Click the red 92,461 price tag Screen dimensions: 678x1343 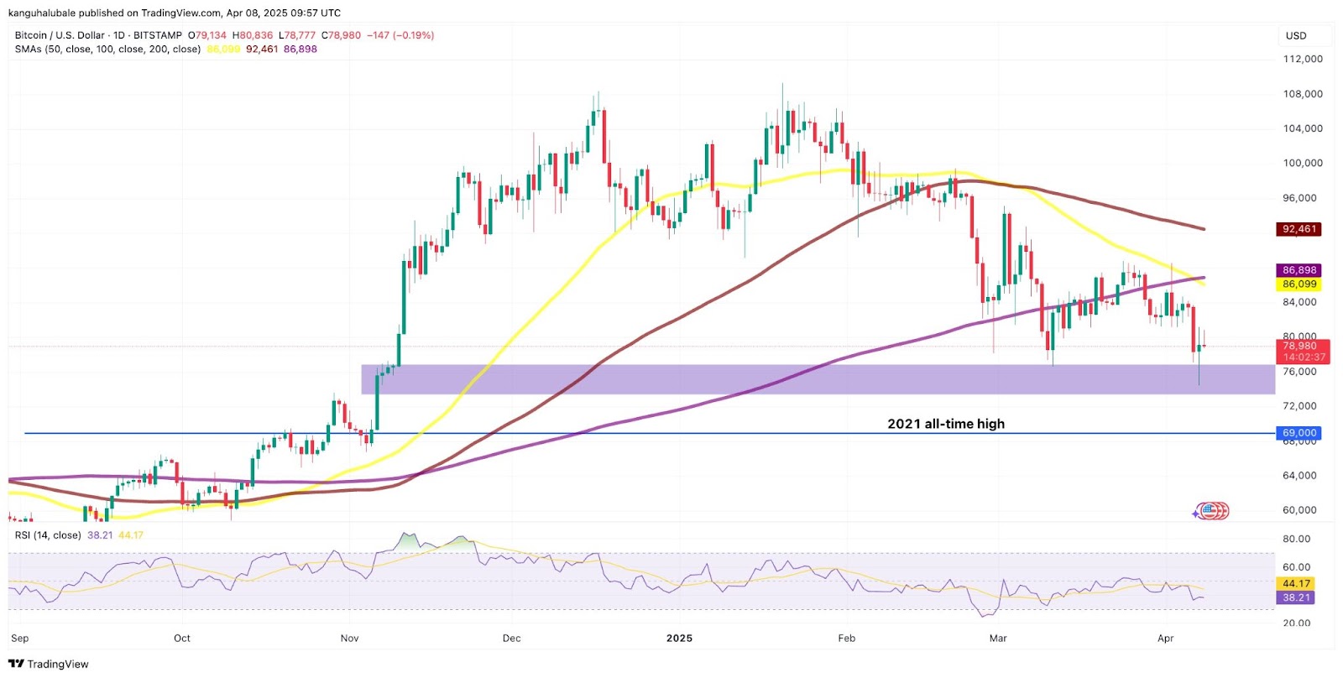(x=1299, y=229)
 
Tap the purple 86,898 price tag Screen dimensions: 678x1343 (x=1299, y=270)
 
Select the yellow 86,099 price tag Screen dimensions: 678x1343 (x=1299, y=284)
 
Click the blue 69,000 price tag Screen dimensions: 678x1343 (x=1299, y=433)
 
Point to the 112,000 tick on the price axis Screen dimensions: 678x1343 (x=1303, y=59)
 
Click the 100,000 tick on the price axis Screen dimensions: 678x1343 (x=1303, y=163)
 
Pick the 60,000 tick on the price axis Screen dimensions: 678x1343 (x=1299, y=510)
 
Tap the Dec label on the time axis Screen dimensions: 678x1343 (x=511, y=639)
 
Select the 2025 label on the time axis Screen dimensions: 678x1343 (x=679, y=639)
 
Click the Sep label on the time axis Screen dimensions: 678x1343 (x=20, y=639)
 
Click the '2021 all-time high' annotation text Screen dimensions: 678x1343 (x=946, y=424)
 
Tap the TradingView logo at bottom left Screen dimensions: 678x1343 (x=49, y=664)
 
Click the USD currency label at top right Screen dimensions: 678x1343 (x=1296, y=35)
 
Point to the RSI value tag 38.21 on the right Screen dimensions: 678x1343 (x=1296, y=597)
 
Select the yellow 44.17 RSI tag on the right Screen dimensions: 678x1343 (x=1296, y=583)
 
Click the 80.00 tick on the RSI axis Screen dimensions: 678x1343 (x=1297, y=539)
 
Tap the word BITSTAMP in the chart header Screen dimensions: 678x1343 (x=158, y=35)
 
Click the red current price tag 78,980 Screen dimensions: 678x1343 (x=1299, y=346)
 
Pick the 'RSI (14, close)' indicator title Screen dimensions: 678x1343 (x=48, y=535)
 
